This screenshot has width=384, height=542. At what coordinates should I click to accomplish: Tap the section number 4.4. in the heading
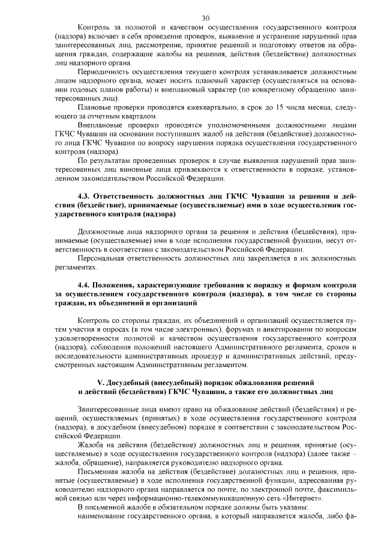pyautogui.click(x=86, y=286)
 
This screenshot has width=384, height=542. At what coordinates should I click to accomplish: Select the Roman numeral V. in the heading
pyautogui.click(x=101, y=382)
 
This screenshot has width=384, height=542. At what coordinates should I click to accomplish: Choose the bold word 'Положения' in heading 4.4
pyautogui.click(x=119, y=286)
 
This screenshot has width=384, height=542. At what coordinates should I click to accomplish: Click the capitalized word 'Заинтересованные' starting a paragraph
pyautogui.click(x=110, y=409)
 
